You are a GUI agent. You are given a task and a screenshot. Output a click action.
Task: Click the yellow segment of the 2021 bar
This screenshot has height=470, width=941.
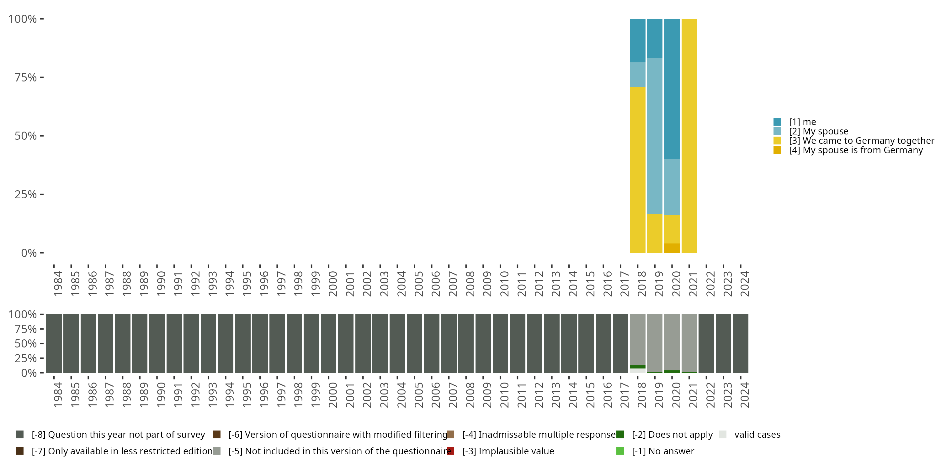click(689, 135)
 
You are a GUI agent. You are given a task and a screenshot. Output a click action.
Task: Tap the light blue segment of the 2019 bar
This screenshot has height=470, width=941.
click(655, 135)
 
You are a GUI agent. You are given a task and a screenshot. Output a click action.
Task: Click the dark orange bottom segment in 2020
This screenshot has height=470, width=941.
click(672, 248)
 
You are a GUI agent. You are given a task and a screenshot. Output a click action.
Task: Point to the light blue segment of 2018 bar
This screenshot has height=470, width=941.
click(637, 75)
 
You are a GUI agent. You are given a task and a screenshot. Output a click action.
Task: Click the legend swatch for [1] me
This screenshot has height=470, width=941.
click(777, 122)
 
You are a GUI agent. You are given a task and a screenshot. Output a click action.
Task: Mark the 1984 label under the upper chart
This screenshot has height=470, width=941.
click(58, 284)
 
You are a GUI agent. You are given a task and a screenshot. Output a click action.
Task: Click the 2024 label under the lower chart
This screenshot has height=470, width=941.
click(744, 395)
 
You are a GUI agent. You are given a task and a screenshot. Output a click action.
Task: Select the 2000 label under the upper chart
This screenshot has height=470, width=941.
click(332, 284)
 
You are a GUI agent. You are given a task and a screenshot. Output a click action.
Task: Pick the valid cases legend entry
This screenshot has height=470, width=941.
click(757, 435)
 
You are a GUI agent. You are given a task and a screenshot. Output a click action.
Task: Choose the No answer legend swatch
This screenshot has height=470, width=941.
click(620, 451)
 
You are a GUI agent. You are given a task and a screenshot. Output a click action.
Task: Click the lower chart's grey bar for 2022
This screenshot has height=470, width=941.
click(706, 343)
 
